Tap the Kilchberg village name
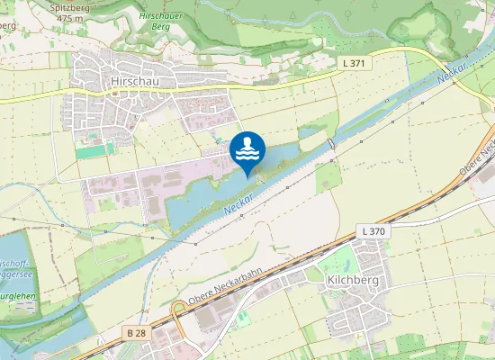coord(346,280)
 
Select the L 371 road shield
coord(355,63)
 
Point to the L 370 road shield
coord(373,231)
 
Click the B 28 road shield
coord(136,333)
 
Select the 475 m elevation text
coord(68,17)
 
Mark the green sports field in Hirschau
coord(95,151)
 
